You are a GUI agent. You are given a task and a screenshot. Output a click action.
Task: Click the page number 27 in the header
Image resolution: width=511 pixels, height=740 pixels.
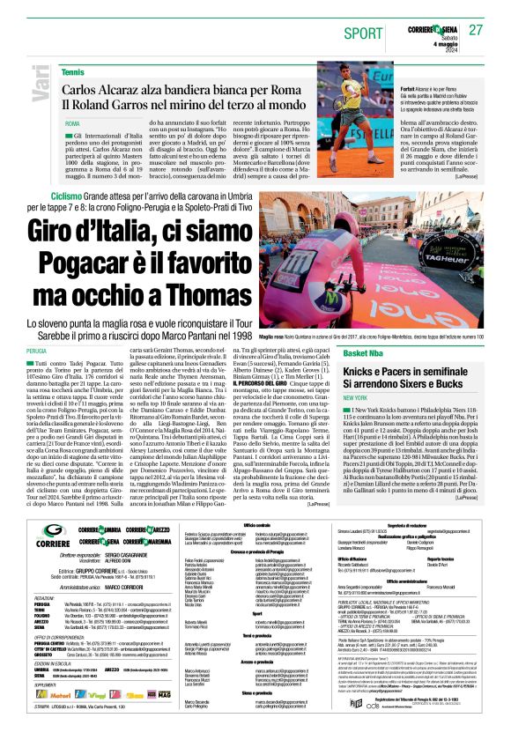(x=476, y=29)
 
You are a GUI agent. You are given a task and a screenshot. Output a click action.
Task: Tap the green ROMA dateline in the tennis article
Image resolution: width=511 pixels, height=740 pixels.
(x=72, y=123)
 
